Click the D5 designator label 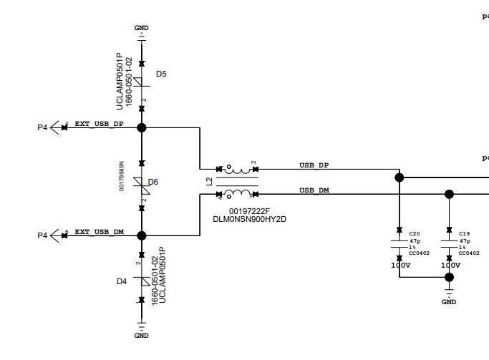pyautogui.click(x=161, y=74)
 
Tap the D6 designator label pyautogui.click(x=153, y=182)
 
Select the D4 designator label pyautogui.click(x=122, y=281)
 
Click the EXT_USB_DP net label pyautogui.click(x=99, y=124)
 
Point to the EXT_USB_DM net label pyautogui.click(x=99, y=232)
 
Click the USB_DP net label pyautogui.click(x=314, y=165)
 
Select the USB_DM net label pyautogui.click(x=314, y=190)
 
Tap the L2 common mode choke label pyautogui.click(x=209, y=182)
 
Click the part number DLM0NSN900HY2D pyautogui.click(x=249, y=219)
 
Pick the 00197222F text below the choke pyautogui.click(x=249, y=211)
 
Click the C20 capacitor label pyautogui.click(x=414, y=234)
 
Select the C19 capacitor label pyautogui.click(x=464, y=234)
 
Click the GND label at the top pyautogui.click(x=142, y=27)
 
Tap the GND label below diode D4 pyautogui.click(x=142, y=335)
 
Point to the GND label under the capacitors pyautogui.click(x=449, y=301)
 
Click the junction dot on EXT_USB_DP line pyautogui.click(x=142, y=127)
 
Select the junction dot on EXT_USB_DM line pyautogui.click(x=142, y=235)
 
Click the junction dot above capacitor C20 pyautogui.click(x=399, y=177)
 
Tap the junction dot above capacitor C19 pyautogui.click(x=449, y=193)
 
